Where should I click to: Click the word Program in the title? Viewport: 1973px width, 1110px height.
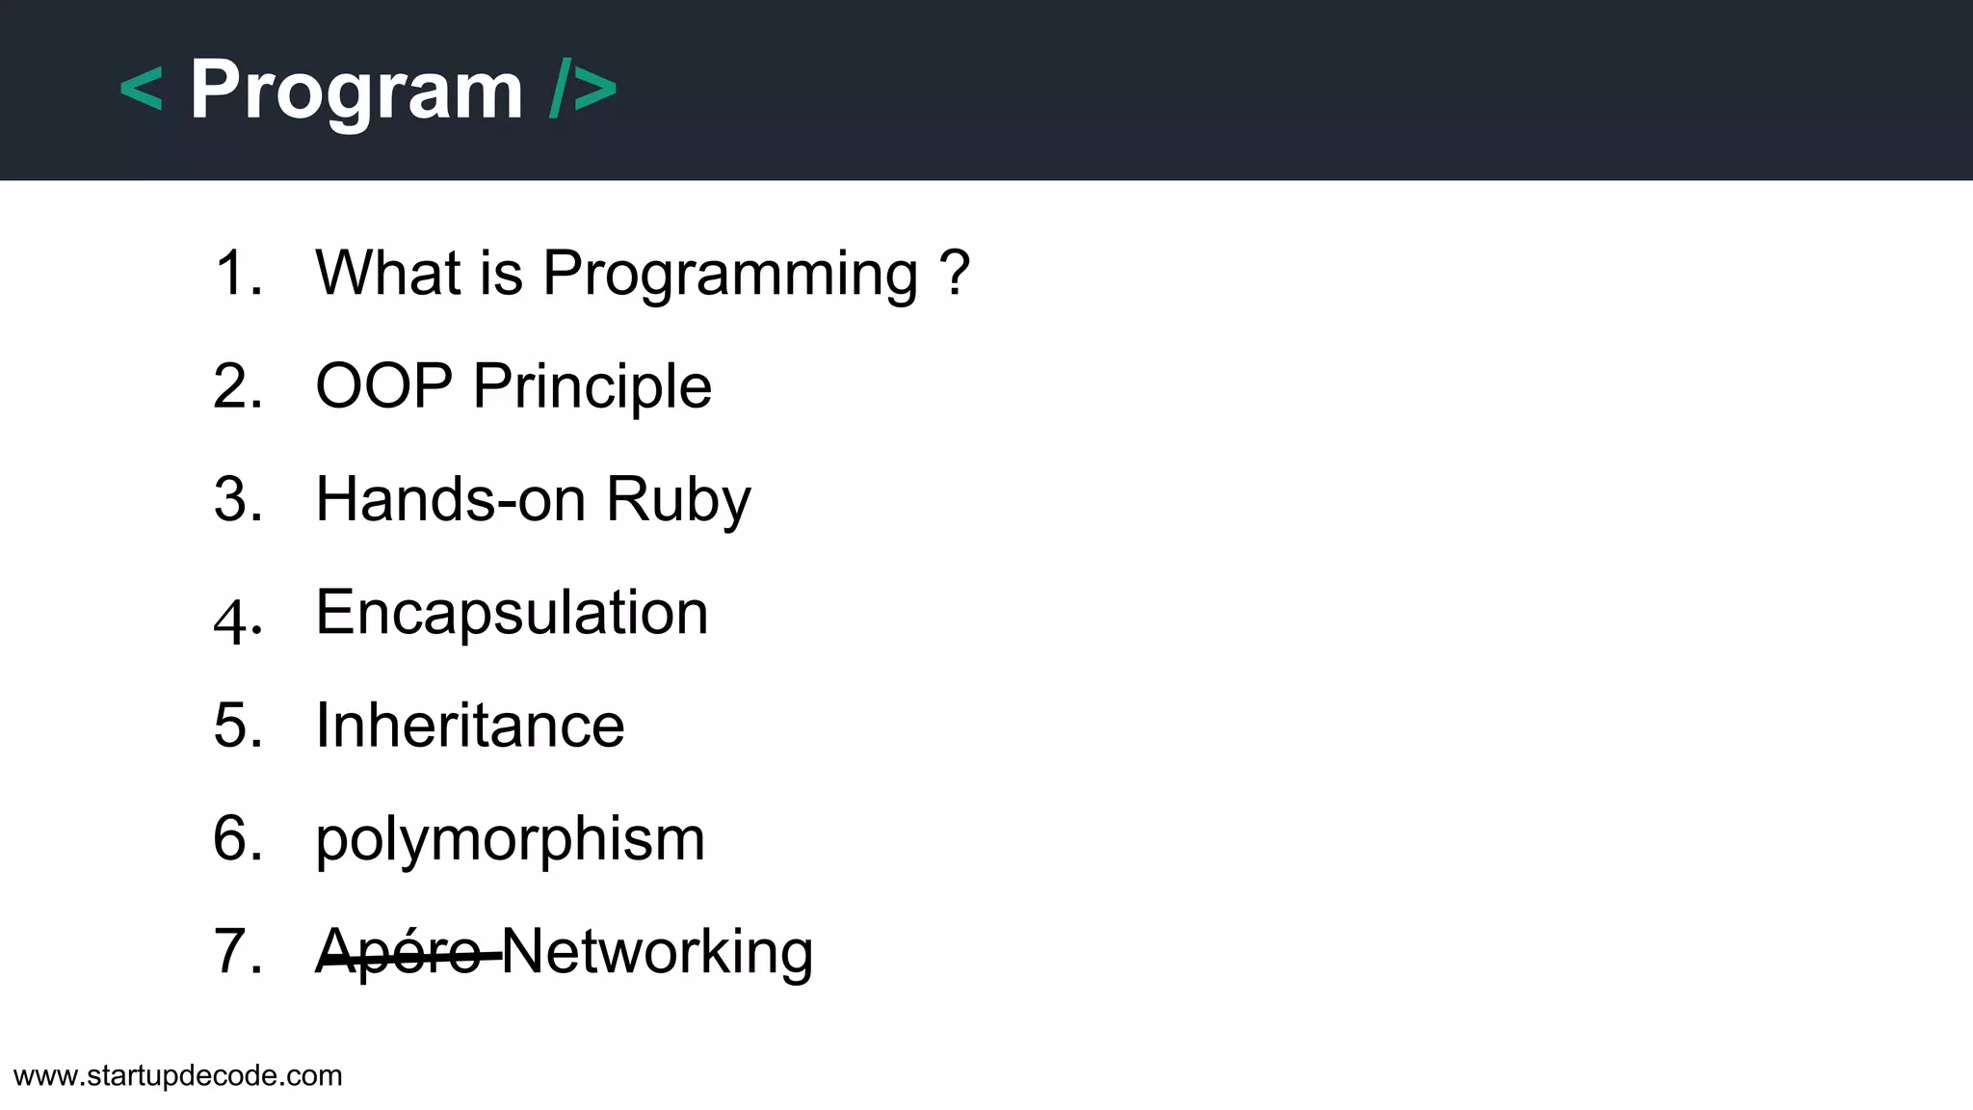(x=356, y=91)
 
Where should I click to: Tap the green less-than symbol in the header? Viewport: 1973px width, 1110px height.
(x=141, y=91)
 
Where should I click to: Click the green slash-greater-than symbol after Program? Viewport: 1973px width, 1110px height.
(x=583, y=91)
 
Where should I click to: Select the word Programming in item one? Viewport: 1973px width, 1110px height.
(x=730, y=274)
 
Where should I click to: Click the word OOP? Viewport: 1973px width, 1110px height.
(x=383, y=386)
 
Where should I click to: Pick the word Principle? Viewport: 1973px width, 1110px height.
(x=592, y=386)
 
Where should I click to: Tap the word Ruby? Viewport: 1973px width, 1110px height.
(x=677, y=500)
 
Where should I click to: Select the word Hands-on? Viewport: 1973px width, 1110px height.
(x=450, y=499)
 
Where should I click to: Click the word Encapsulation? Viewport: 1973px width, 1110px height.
(x=512, y=613)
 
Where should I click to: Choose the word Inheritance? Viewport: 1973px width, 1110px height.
(x=470, y=726)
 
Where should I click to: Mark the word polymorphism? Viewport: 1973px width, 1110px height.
(x=511, y=839)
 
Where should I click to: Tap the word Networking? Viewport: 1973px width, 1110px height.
(x=657, y=952)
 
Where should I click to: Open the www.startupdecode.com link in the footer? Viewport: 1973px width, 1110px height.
(x=178, y=1075)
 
